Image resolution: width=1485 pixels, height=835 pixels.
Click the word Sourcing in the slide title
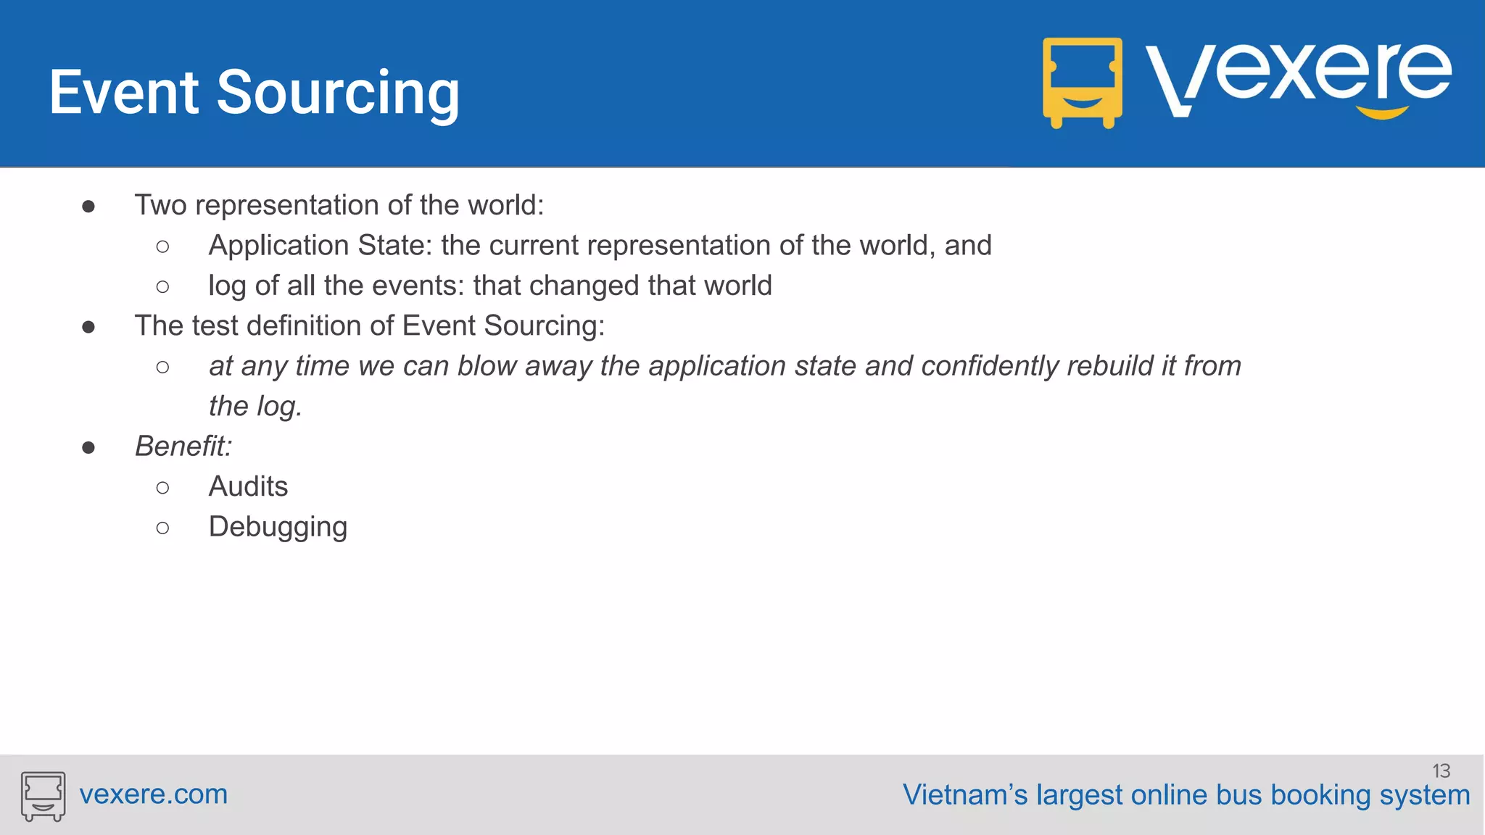338,93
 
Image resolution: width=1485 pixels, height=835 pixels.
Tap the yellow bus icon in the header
1082,82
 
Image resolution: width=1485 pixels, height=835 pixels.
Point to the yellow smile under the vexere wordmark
1382,112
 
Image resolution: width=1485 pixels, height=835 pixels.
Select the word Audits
248,486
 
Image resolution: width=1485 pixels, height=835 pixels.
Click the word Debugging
278,527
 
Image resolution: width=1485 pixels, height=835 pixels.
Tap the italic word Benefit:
183,446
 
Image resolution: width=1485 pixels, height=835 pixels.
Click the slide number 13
1441,770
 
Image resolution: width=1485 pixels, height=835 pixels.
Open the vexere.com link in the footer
154,794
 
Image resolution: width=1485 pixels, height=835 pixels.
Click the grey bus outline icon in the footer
43,795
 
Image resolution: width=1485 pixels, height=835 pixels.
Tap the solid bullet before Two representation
88,207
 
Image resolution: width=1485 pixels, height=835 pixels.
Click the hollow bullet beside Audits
162,488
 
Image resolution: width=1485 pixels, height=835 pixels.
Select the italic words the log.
255,407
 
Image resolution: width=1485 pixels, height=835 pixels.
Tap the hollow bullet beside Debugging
162,528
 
